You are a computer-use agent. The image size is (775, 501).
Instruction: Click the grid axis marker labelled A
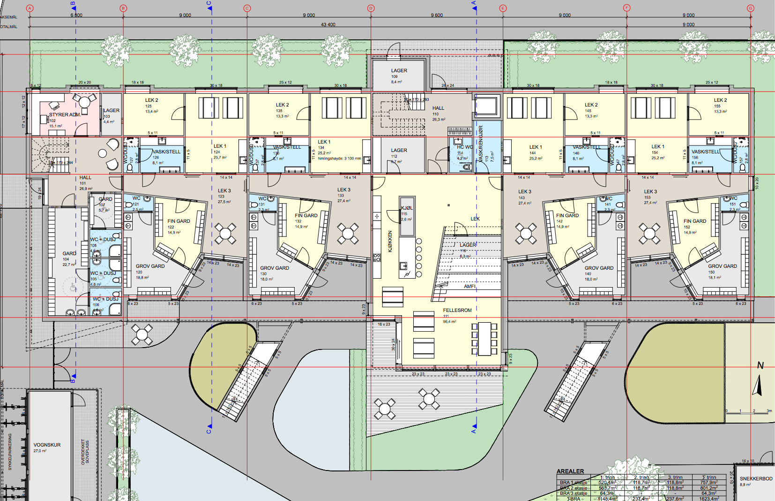(x=30, y=8)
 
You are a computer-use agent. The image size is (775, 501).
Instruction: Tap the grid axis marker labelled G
(x=750, y=8)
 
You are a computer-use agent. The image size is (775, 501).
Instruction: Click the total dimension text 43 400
(x=328, y=24)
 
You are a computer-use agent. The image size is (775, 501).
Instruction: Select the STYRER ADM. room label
(x=65, y=114)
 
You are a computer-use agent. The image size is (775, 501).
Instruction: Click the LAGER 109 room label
(x=399, y=71)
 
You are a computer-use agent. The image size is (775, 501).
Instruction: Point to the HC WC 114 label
(x=465, y=147)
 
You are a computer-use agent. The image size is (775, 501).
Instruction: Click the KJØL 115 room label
(x=407, y=208)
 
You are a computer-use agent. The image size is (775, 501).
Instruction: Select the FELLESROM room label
(x=457, y=311)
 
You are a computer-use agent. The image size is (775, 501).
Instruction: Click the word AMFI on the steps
(x=469, y=286)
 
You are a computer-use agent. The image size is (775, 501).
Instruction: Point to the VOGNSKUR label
(x=47, y=445)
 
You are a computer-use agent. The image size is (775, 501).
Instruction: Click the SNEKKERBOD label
(x=756, y=478)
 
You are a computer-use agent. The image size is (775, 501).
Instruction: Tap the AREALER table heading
(x=570, y=471)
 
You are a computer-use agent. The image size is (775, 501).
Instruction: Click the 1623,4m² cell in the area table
(x=709, y=499)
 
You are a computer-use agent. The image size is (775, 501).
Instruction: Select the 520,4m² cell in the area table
(x=607, y=482)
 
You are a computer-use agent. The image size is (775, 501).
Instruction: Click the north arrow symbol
(x=757, y=385)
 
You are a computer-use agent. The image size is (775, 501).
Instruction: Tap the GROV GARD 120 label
(x=150, y=266)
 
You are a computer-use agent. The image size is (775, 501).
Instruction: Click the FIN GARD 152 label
(x=694, y=221)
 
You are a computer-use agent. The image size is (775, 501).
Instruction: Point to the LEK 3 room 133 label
(x=343, y=190)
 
